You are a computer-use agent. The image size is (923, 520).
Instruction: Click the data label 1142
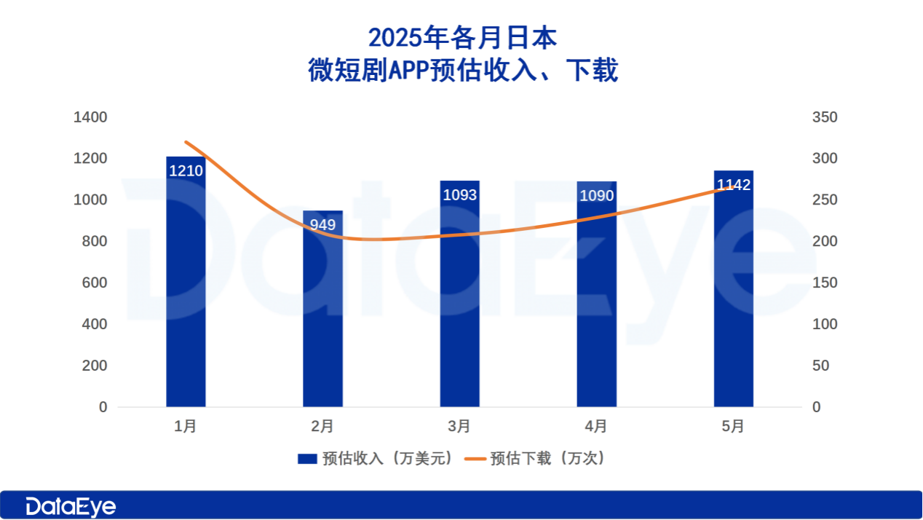tap(733, 185)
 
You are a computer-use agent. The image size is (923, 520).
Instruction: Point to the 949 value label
tap(322, 225)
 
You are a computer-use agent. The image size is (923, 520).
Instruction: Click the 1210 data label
tap(186, 171)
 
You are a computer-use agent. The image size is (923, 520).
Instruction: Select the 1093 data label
tap(459, 194)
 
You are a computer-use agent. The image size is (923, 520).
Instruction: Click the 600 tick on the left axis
tap(94, 283)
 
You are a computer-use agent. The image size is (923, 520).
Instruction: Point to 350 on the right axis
tap(825, 117)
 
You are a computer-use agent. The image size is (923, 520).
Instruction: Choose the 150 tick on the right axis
tap(825, 283)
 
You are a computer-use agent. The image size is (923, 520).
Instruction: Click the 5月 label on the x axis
tap(733, 426)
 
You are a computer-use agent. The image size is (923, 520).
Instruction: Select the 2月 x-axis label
tap(322, 426)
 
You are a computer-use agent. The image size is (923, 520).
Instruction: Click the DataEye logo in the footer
tap(71, 506)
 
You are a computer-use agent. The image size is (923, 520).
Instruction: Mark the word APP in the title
tap(409, 71)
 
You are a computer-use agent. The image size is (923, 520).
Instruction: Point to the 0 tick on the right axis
tap(816, 407)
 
